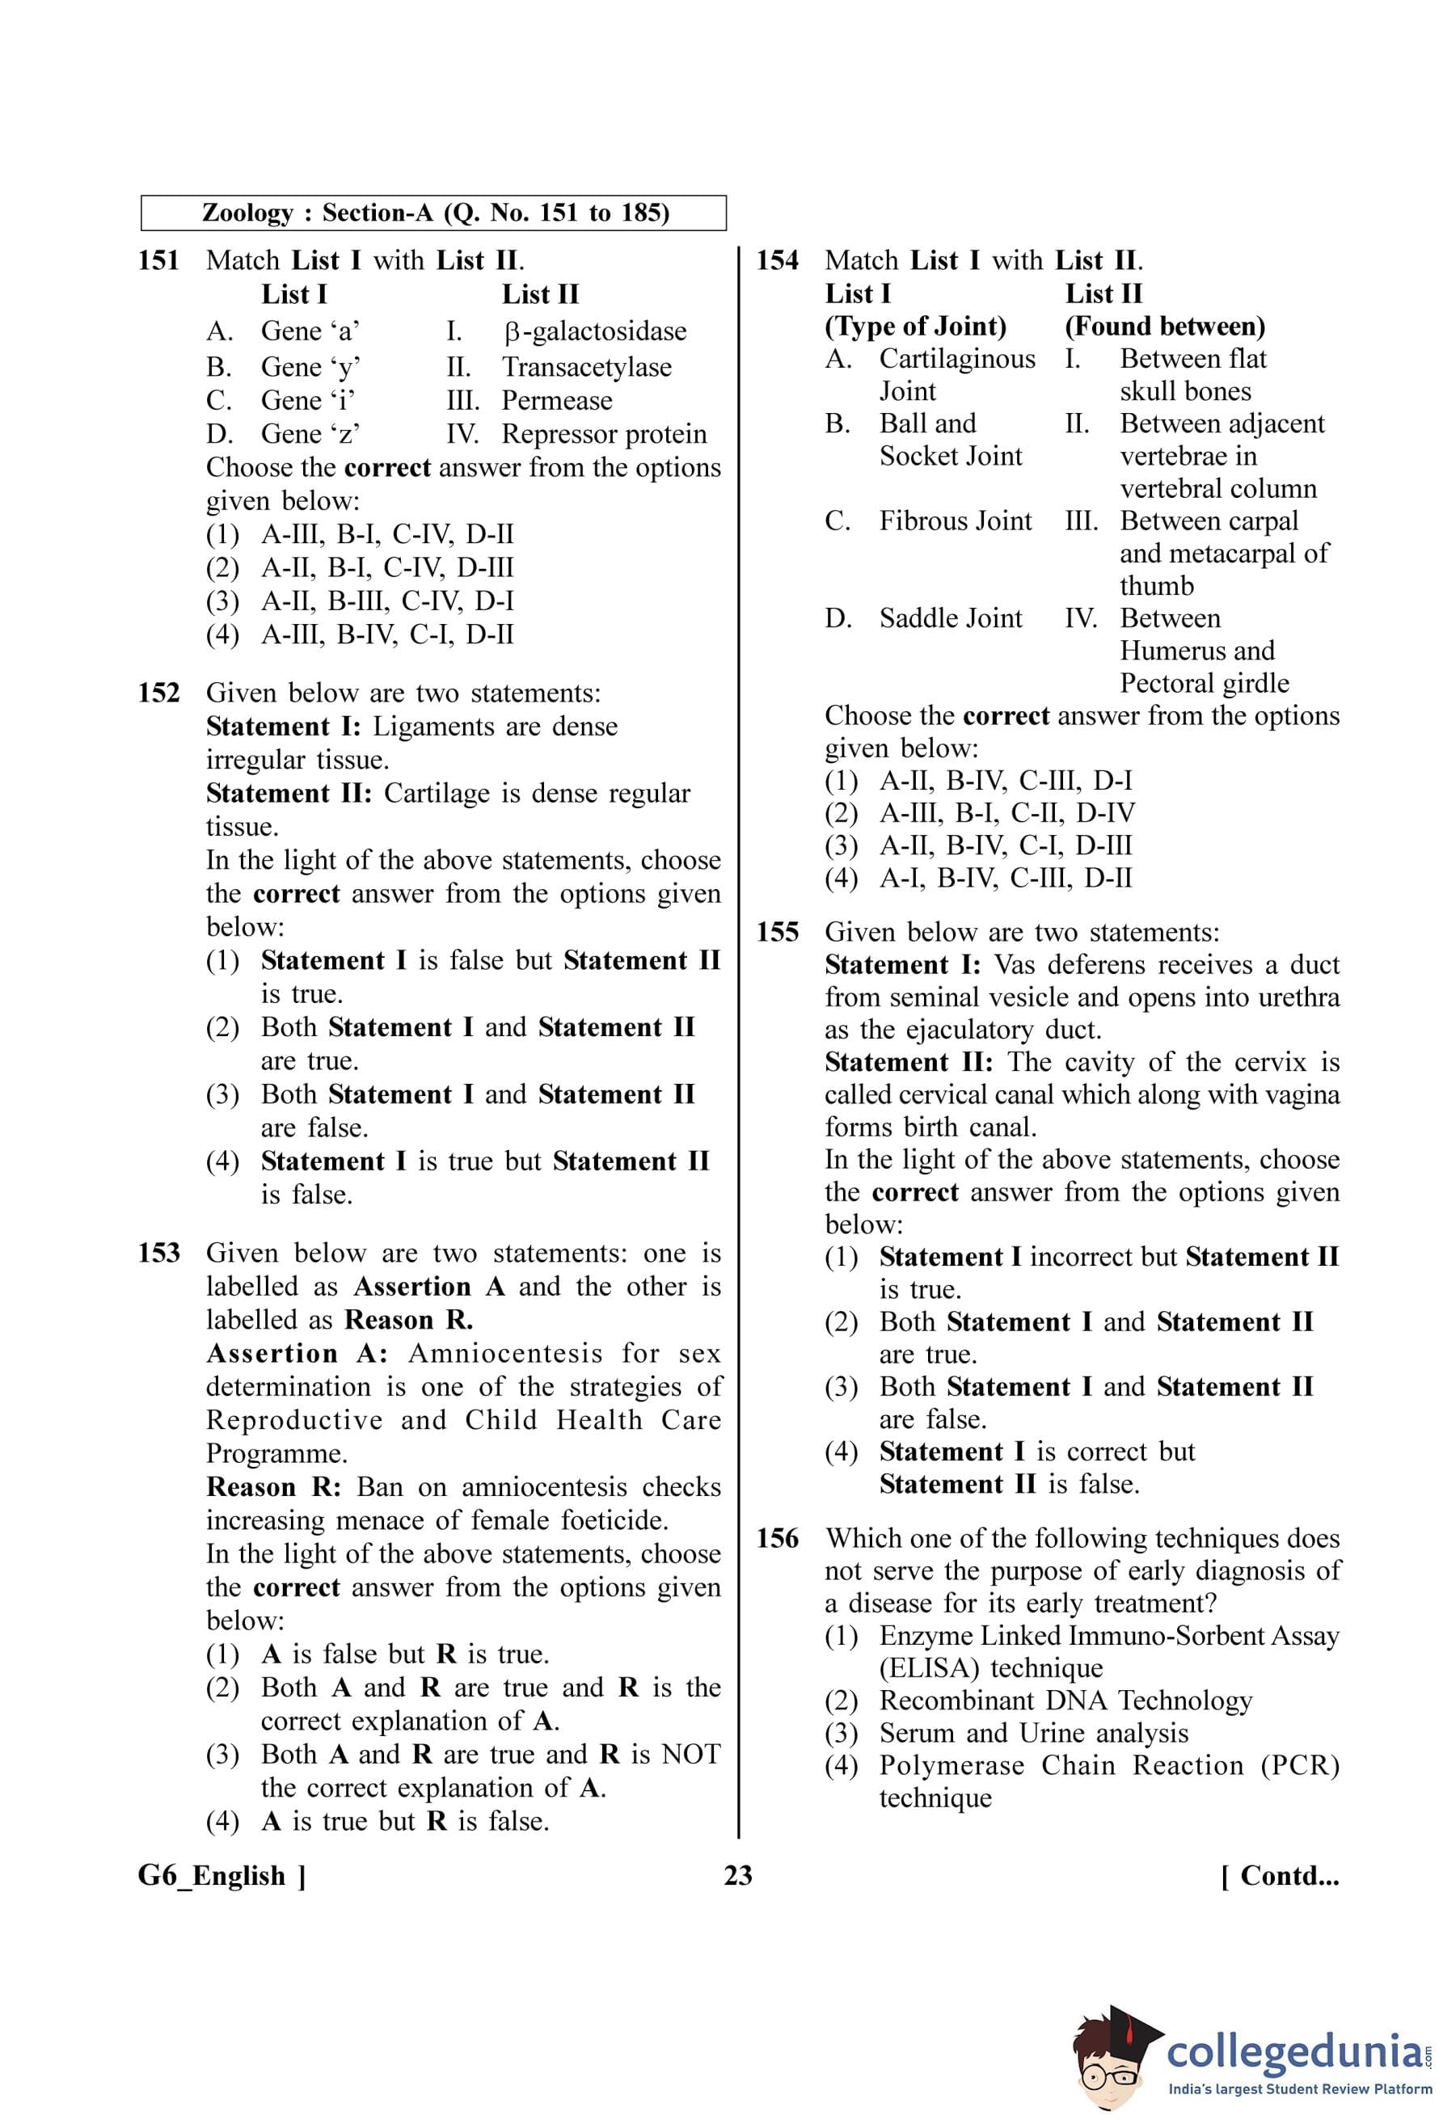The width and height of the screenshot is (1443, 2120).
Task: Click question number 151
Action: [x=158, y=261]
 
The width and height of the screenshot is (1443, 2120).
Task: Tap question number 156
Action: [x=777, y=1539]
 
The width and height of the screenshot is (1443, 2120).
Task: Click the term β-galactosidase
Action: [x=595, y=331]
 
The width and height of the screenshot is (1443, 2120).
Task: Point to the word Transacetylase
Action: [x=587, y=367]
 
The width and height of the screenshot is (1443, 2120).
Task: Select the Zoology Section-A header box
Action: [x=434, y=213]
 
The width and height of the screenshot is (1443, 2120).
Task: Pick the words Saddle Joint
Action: [x=951, y=618]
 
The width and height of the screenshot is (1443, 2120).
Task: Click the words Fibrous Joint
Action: [x=955, y=521]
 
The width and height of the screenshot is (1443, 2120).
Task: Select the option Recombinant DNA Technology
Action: [x=1065, y=1701]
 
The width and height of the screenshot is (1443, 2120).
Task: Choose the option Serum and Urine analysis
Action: [x=1033, y=1733]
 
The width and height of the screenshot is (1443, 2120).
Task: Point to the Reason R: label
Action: [x=273, y=1487]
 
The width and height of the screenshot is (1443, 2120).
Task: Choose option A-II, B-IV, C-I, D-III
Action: [x=1005, y=845]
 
